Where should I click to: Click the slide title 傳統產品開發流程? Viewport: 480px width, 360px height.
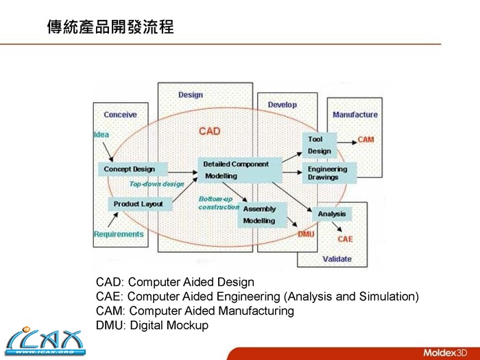(x=110, y=28)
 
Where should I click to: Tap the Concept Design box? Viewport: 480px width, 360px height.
(x=130, y=169)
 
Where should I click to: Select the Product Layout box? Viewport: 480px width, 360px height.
(x=139, y=204)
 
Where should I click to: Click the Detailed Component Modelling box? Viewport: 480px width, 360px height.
(x=239, y=170)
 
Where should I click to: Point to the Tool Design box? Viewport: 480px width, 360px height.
(x=319, y=145)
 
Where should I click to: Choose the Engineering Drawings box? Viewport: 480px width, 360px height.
(x=328, y=173)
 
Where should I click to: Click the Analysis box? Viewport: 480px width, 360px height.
(x=332, y=214)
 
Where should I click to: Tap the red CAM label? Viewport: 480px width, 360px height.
(x=365, y=140)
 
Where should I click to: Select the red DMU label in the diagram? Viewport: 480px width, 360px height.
(x=306, y=235)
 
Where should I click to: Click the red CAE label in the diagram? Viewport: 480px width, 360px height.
(x=345, y=239)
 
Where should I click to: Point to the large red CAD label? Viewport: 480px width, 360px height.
(x=210, y=131)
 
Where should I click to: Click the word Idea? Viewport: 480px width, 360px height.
(x=101, y=134)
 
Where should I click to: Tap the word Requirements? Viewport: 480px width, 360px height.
(x=119, y=235)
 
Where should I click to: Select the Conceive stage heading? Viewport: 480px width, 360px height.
(x=120, y=115)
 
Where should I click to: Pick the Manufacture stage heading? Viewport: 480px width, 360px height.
(x=355, y=115)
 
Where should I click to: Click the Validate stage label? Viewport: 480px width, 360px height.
(x=337, y=259)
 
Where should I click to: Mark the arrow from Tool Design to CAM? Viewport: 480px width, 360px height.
(x=345, y=140)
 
